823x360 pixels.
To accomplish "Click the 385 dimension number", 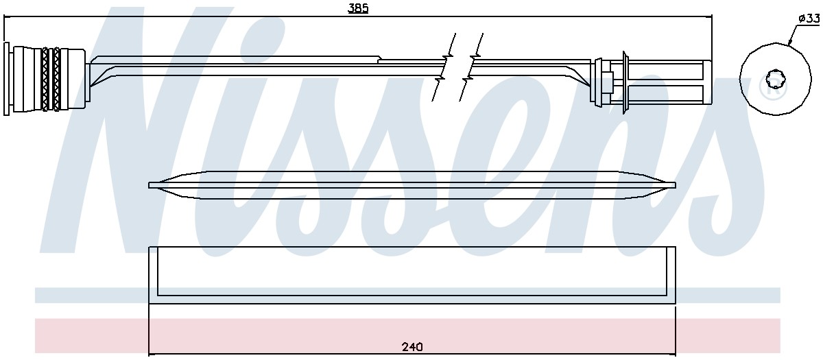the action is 358,8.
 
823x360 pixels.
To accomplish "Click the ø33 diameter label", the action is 809,19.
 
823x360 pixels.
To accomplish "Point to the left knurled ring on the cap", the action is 45,79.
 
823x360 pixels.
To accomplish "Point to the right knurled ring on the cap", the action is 56,79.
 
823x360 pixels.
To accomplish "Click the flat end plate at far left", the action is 6,79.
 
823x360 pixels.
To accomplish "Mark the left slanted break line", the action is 444,67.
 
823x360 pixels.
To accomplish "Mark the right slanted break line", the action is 471,67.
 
